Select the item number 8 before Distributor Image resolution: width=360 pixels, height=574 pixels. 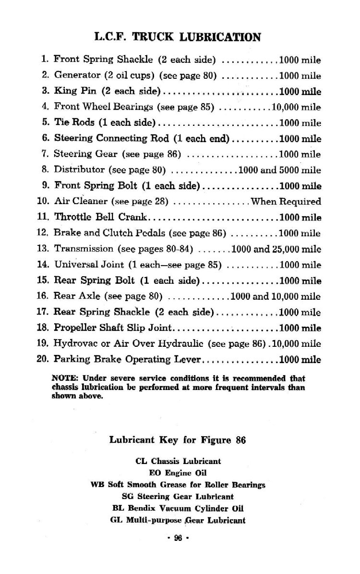click(45, 170)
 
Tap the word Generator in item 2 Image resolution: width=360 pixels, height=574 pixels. click(77, 75)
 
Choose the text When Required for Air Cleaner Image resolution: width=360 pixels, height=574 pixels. click(286, 202)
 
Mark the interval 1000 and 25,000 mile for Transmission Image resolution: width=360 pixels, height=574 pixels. click(276, 249)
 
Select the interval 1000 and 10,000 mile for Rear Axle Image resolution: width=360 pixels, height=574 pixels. click(276, 296)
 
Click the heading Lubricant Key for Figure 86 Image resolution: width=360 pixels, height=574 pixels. click(178, 440)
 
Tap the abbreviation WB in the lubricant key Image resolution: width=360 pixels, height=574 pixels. click(97, 485)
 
